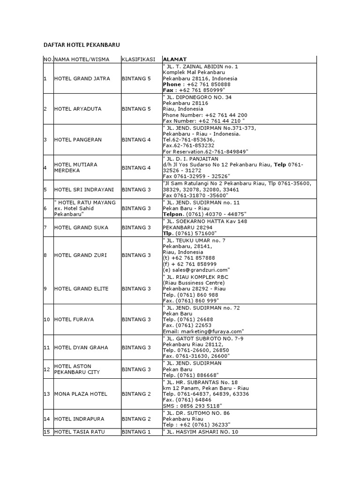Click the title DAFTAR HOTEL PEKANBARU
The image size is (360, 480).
pyautogui.click(x=82, y=45)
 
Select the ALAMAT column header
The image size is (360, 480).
pyautogui.click(x=174, y=60)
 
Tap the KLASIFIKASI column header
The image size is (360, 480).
pyautogui.click(x=138, y=60)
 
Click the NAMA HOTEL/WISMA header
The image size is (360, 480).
pyautogui.click(x=81, y=60)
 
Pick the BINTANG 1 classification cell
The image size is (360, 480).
pyautogui.click(x=136, y=432)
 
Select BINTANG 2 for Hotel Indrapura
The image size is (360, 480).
pyautogui.click(x=136, y=419)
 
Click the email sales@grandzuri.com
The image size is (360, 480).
pyautogui.click(x=200, y=270)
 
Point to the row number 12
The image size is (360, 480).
pyautogui.click(x=47, y=369)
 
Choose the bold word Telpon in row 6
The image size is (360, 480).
pyautogui.click(x=174, y=215)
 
